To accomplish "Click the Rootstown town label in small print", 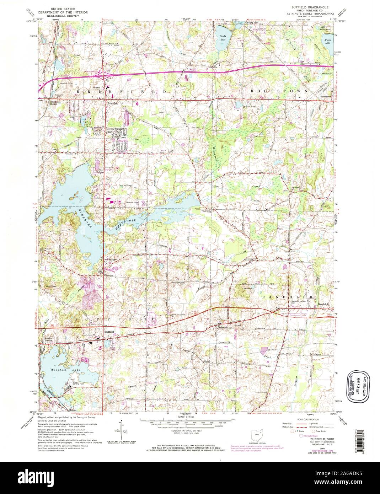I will click(325, 96).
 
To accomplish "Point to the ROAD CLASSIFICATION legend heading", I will click(309, 419).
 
